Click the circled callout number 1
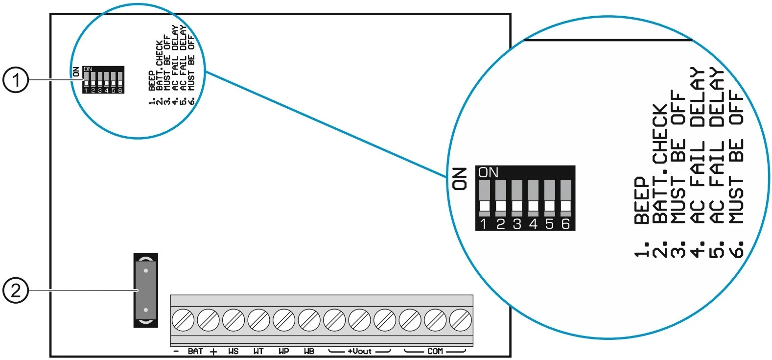16,80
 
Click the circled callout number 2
16,290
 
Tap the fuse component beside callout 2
146,290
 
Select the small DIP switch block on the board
103,80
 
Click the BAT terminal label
195,351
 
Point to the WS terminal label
234,351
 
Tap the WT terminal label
258,351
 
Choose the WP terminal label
284,351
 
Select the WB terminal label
309,351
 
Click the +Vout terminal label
360,351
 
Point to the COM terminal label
435,351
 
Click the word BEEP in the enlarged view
642,200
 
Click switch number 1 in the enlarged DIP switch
484,198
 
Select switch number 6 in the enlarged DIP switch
566,198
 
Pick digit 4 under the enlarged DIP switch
533,224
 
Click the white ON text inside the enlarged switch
488,172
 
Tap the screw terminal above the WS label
234,320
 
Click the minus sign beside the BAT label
176,351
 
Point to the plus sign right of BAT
213,352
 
